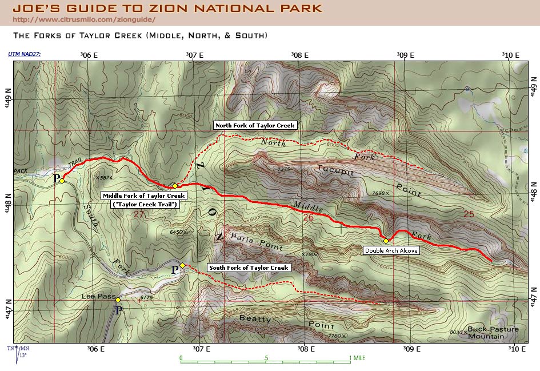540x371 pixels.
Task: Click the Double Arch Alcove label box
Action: click(x=391, y=250)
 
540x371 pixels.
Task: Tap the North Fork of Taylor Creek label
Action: click(x=255, y=125)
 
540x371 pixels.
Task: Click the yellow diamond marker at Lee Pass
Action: click(x=118, y=300)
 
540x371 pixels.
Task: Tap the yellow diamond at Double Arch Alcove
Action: click(x=386, y=240)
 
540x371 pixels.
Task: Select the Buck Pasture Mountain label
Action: click(x=493, y=332)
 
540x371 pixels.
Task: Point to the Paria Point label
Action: click(x=256, y=242)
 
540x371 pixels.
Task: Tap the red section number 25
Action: click(x=469, y=214)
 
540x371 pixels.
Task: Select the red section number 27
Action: click(x=139, y=214)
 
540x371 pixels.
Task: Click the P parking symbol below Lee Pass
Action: click(x=119, y=310)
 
